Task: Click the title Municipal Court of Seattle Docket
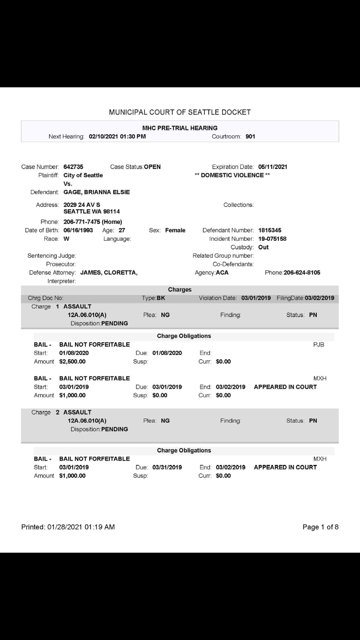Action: [180, 112]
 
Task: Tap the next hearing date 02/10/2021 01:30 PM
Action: [117, 137]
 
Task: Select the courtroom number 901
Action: [250, 137]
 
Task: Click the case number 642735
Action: [73, 167]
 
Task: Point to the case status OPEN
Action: [152, 167]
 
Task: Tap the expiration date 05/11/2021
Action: [273, 167]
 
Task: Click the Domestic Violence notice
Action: [232, 175]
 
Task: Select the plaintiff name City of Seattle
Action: [83, 175]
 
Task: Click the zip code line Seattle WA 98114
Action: [92, 212]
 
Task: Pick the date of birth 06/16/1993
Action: [78, 230]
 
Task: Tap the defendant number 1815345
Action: [270, 230]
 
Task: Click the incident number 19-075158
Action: [272, 239]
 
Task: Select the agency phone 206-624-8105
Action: [302, 273]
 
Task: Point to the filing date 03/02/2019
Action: [319, 298]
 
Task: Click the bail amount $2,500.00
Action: [72, 362]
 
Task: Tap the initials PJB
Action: [319, 344]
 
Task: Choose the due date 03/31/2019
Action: [167, 467]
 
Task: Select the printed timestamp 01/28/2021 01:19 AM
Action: [81, 527]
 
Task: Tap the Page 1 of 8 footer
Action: [320, 527]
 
